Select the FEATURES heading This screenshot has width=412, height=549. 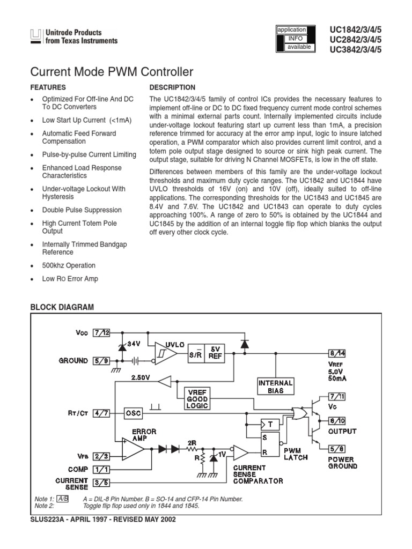pyautogui.click(x=48, y=87)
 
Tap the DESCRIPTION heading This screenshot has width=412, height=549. pyautogui.click(x=172, y=87)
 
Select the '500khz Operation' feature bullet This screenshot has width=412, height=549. pyautogui.click(x=69, y=265)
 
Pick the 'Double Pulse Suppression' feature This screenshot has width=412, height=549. pyautogui.click(x=82, y=210)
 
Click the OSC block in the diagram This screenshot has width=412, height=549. pyautogui.click(x=133, y=413)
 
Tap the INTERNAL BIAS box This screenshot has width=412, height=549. pyautogui.click(x=276, y=387)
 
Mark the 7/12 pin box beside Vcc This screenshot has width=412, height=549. pyautogui.click(x=101, y=332)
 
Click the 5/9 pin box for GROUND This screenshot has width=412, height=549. pyautogui.click(x=101, y=361)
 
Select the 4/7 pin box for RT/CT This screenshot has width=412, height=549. pyautogui.click(x=101, y=413)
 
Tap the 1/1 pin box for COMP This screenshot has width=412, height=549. pyautogui.click(x=101, y=469)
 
